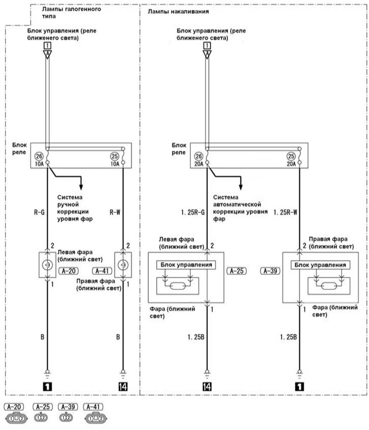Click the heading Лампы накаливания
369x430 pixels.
coord(178,12)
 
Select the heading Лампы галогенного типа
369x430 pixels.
coord(71,12)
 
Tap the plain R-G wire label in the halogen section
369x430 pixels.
coord(39,212)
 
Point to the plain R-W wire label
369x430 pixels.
coord(115,212)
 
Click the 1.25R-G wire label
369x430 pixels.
coord(193,212)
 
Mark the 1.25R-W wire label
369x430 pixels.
coord(286,212)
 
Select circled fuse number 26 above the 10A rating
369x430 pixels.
coord(39,156)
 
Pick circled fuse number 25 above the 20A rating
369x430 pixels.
coord(291,156)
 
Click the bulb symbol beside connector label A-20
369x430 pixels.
coord(47,265)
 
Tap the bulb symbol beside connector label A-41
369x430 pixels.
coord(123,265)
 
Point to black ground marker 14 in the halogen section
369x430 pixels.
coord(123,387)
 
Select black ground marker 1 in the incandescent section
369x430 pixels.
coord(299,387)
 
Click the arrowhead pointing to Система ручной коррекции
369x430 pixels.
coord(81,187)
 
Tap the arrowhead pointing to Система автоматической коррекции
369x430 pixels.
coord(241,187)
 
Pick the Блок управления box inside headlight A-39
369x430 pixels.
coord(320,265)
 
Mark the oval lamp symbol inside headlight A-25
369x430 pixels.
coord(178,286)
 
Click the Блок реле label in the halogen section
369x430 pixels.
coord(19,149)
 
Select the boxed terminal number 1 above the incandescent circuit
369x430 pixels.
coord(207,45)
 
